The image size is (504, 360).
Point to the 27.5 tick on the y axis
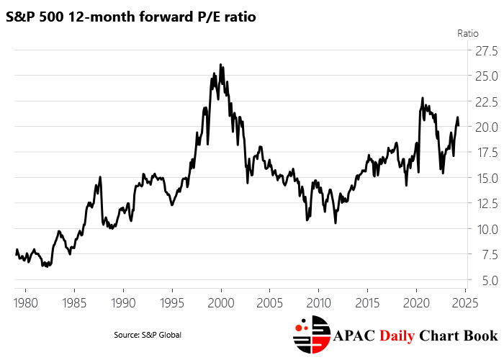(x=484, y=50)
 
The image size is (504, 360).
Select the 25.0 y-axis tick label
(x=484, y=76)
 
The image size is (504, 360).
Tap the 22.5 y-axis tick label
(x=484, y=102)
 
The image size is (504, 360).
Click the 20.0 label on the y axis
(x=484, y=127)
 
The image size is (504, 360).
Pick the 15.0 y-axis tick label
(x=484, y=178)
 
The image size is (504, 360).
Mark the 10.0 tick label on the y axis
(x=484, y=229)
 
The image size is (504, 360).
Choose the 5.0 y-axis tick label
(x=487, y=280)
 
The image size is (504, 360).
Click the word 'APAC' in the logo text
(x=359, y=336)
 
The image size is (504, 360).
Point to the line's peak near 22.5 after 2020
(x=423, y=98)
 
